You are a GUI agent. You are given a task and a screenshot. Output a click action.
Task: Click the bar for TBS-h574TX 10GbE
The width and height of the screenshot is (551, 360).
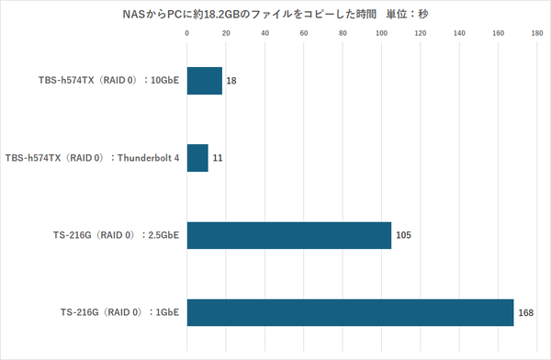204,81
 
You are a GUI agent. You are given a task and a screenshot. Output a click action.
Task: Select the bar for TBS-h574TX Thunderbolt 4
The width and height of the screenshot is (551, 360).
197,158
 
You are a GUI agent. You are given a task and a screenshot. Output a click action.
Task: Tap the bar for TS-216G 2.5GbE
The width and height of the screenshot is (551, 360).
288,235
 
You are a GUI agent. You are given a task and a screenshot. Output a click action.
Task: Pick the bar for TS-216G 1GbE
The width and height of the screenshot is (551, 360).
350,312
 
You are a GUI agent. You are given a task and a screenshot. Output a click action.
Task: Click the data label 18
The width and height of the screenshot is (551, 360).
231,81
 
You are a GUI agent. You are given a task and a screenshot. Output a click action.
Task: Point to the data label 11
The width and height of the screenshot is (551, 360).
218,158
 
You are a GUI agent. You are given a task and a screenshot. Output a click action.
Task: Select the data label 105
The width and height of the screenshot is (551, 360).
403,235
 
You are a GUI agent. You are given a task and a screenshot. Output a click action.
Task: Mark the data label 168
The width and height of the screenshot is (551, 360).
526,312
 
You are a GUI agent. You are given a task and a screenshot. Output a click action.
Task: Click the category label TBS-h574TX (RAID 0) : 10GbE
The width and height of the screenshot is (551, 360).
105,81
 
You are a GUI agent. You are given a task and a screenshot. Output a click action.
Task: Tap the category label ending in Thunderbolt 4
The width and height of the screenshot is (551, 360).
92,158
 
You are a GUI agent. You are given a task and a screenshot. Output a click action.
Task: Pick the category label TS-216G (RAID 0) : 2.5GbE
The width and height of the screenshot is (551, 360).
117,235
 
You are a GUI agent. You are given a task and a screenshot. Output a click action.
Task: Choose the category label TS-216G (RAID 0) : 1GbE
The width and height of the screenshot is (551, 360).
122,312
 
